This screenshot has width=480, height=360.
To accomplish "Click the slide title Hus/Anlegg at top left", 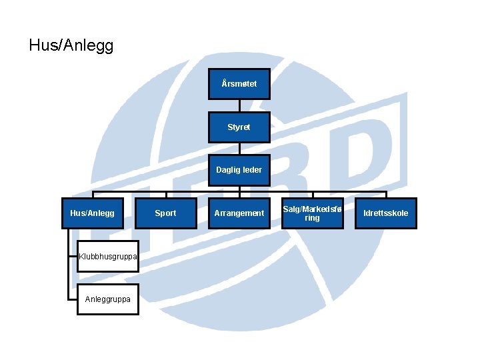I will [71, 45].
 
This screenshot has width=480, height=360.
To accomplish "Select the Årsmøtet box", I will [239, 84].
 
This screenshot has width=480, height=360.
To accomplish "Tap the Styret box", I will [239, 127].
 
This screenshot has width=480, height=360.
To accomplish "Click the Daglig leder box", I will [239, 170].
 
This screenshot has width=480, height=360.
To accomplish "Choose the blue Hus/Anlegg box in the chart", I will [92, 213].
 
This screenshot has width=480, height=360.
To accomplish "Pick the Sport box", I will [165, 213].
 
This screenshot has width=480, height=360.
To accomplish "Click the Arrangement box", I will [239, 213].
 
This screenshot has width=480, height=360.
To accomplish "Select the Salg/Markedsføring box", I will [312, 213].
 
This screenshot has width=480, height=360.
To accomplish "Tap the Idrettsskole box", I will [385, 213].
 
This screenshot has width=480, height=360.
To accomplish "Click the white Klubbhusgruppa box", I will [108, 257].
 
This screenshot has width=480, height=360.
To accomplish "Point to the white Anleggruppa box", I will [108, 299].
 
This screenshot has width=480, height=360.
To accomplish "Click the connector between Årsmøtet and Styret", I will [239, 106].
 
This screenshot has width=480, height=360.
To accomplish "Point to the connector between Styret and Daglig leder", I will [239, 149].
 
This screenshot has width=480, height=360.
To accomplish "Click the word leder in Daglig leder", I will [252, 170].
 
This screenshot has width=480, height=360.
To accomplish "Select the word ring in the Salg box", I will [312, 218].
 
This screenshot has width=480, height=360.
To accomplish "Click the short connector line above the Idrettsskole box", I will [385, 195].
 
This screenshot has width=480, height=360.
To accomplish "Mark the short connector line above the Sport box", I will [165, 195].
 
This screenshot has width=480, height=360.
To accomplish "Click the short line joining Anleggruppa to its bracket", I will [73, 299].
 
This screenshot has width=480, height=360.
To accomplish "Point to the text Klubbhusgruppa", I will [108, 257].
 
